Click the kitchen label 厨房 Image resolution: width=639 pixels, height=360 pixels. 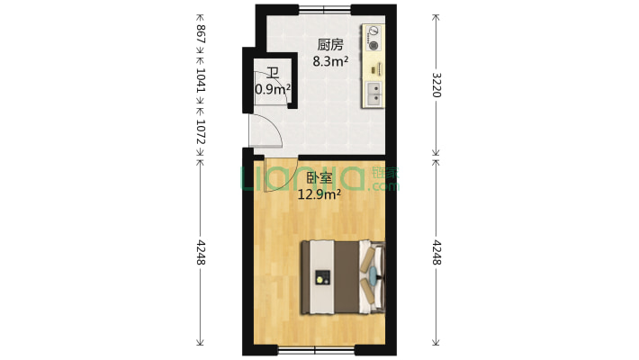point(329,44)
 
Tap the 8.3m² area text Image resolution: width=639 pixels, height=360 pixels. point(329,61)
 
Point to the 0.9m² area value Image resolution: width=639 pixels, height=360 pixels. point(273,89)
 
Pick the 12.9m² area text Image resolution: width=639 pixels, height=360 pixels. point(319,193)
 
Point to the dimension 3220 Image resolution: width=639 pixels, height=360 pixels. point(437,85)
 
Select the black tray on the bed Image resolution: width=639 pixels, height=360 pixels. point(321,278)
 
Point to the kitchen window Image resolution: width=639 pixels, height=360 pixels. point(325,10)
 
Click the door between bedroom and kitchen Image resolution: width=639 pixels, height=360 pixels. point(281,168)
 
